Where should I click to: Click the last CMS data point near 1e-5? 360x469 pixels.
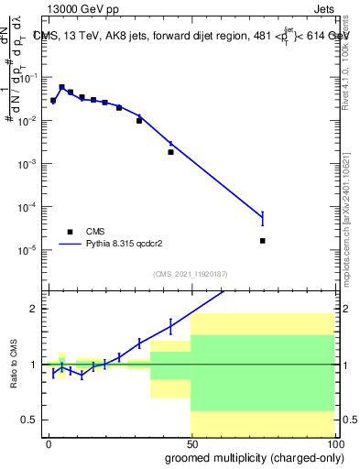pos(263,241)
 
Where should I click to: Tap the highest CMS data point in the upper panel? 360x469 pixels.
pos(61,88)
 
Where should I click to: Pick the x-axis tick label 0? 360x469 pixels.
pos(49,442)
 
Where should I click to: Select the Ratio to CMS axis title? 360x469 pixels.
pos(14,364)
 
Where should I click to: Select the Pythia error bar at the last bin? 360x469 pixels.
pos(263,218)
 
